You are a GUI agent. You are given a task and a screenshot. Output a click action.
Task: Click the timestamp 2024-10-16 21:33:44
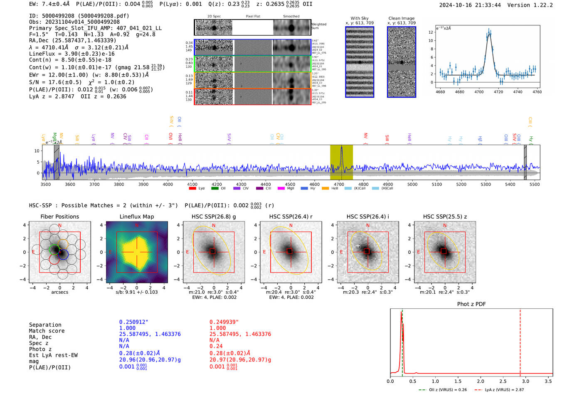tap(470, 5)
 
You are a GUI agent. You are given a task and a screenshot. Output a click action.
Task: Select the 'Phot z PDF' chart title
tap(471, 304)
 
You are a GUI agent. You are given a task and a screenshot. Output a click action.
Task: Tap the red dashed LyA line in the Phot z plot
tap(520, 341)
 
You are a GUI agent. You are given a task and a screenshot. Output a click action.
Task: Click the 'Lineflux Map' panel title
tap(136, 216)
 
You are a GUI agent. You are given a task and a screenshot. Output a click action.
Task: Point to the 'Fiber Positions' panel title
tap(59, 216)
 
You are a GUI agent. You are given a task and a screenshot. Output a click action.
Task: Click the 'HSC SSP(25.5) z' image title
tap(445, 216)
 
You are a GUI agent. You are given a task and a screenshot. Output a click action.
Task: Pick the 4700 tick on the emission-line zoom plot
tap(479, 92)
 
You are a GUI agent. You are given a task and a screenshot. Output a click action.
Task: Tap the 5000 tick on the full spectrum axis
tap(412, 184)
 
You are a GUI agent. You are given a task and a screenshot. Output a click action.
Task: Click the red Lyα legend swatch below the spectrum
tap(192, 189)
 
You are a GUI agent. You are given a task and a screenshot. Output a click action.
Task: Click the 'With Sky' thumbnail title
tap(359, 18)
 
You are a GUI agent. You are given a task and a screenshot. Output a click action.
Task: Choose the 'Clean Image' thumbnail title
tap(401, 18)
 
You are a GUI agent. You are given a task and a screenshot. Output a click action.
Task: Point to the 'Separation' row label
tap(45, 325)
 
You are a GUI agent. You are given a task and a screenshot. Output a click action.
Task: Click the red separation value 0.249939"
tap(224, 322)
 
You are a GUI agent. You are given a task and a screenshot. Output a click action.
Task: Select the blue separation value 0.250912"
tap(134, 322)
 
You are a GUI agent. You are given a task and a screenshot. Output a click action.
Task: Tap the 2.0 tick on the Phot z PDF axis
tap(481, 381)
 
